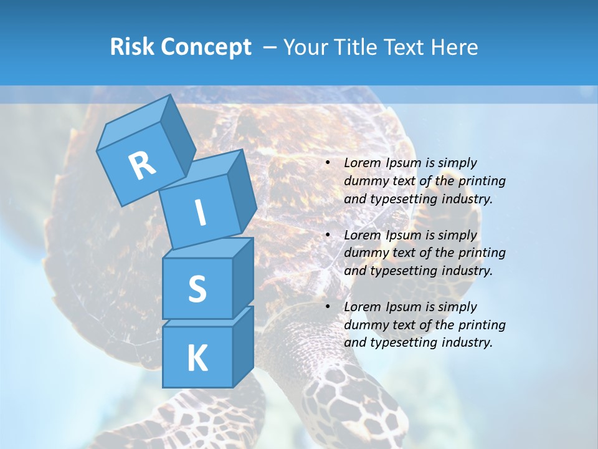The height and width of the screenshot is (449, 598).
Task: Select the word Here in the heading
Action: point(457,47)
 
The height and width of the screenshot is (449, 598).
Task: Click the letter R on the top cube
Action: point(142,165)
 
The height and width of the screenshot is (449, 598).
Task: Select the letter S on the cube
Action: point(197,289)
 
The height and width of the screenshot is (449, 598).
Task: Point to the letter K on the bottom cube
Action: point(197,359)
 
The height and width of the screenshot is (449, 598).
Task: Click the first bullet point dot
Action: point(328,163)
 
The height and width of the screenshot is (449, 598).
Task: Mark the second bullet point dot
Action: point(328,236)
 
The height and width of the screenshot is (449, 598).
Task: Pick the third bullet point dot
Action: point(328,307)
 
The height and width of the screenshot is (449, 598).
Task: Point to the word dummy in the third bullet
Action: point(364,325)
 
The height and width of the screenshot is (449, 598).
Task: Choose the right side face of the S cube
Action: point(243,278)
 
